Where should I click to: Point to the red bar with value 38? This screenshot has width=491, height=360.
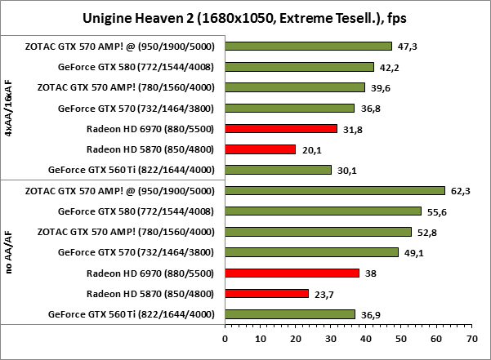pyautogui.click(x=292, y=273)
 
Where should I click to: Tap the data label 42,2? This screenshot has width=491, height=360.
pyautogui.click(x=389, y=67)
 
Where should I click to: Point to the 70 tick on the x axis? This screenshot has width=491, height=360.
pyautogui.click(x=471, y=336)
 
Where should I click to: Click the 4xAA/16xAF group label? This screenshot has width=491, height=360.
pyautogui.click(x=9, y=108)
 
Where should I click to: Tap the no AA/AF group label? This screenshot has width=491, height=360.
pyautogui.click(x=9, y=252)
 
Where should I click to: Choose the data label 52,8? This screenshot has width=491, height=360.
pyautogui.click(x=426, y=232)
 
